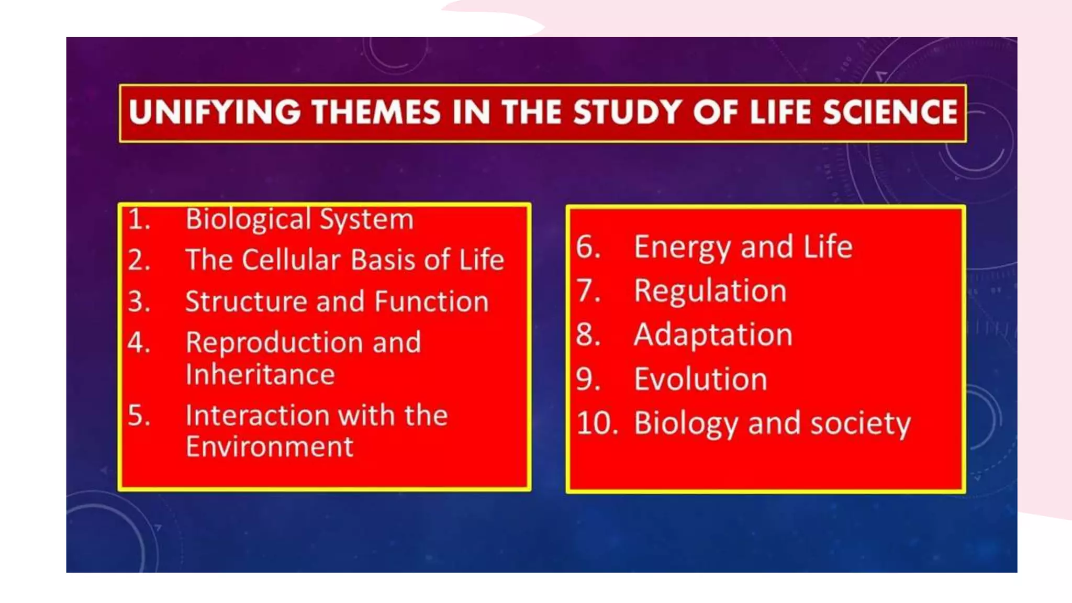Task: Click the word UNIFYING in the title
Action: pos(215,113)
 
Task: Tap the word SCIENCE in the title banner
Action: pos(890,113)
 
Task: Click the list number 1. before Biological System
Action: pos(139,219)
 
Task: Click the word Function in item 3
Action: pos(431,302)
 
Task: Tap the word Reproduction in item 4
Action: pos(274,343)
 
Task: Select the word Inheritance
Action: pos(260,375)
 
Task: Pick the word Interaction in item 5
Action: pos(256,416)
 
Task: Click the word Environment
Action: pos(270,447)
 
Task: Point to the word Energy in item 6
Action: pos(683,248)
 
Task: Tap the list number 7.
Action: pos(588,291)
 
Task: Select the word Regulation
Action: pos(710,292)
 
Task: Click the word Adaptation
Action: pos(713,335)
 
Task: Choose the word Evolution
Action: pos(700,379)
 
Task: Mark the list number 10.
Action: pos(597,423)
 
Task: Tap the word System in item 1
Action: pos(366,220)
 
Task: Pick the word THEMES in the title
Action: pos(376,113)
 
